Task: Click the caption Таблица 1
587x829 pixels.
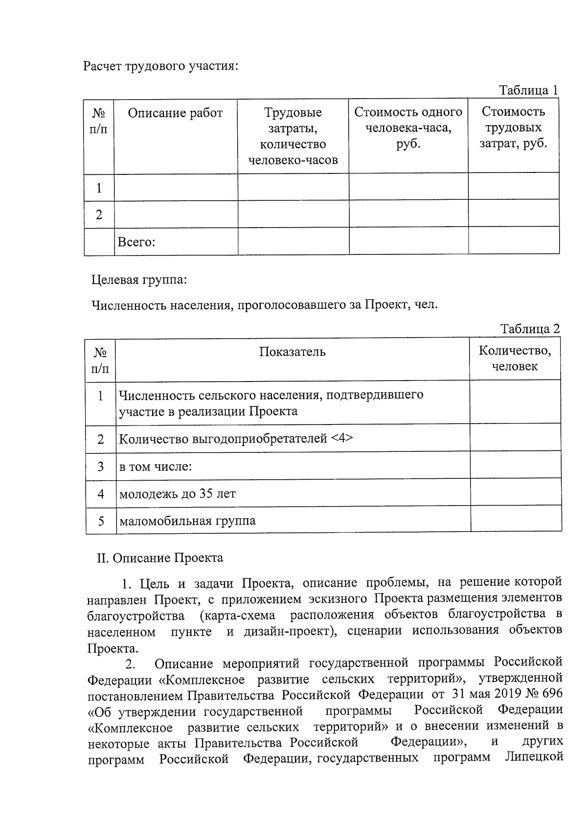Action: [x=528, y=90]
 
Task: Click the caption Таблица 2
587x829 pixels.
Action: [x=530, y=329]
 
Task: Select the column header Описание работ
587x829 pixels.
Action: [x=175, y=113]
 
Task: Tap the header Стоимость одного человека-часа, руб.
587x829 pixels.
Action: [x=408, y=128]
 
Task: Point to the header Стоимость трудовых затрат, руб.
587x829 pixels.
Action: [x=513, y=128]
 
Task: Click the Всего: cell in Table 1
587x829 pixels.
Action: [x=136, y=242]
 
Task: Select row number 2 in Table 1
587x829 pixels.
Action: [x=99, y=214]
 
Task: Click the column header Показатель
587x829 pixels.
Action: [x=292, y=352]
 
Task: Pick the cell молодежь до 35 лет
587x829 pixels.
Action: [x=178, y=494]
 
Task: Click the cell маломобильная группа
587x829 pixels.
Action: [x=187, y=521]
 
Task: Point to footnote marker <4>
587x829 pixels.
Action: [x=342, y=438]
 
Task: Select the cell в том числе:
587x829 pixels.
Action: [x=156, y=467]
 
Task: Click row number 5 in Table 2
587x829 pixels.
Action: [x=101, y=521]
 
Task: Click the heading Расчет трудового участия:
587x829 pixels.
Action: [x=160, y=66]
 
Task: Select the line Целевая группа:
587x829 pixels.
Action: [x=139, y=280]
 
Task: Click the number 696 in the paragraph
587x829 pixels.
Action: [x=551, y=694]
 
